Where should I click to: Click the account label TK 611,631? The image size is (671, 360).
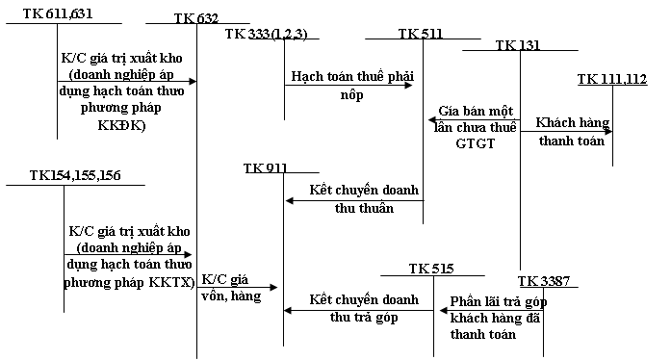[x=58, y=13]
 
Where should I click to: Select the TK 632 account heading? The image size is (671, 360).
[x=196, y=18]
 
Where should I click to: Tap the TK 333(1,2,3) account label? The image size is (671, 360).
[x=267, y=34]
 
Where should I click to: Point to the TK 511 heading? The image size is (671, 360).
[x=421, y=34]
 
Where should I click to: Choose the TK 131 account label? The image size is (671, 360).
[x=518, y=45]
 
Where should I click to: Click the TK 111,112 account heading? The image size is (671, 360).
[x=612, y=79]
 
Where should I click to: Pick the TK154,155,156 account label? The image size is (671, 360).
[x=75, y=175]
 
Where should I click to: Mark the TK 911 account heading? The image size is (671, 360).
[x=266, y=167]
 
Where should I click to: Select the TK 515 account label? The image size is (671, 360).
[x=431, y=269]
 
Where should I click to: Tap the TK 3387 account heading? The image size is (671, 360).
[x=544, y=281]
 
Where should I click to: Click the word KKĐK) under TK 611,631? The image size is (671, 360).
[x=121, y=125]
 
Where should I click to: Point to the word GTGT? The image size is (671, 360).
[x=475, y=143]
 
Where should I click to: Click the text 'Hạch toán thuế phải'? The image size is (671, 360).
[x=352, y=77]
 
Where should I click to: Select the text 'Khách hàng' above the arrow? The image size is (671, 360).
[x=573, y=123]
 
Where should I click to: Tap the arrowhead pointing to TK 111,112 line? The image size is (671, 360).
[x=608, y=132]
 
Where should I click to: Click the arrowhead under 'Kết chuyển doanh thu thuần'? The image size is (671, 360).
[x=289, y=200]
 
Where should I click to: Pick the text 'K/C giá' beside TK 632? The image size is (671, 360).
[x=224, y=279]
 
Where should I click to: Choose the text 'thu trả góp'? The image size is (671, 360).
[x=364, y=318]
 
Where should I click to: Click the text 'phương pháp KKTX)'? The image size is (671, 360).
[x=129, y=283]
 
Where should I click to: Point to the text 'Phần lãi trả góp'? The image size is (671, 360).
[x=499, y=302]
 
